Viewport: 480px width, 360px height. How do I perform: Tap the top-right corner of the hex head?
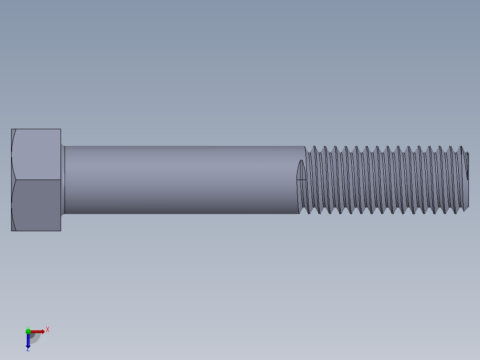coord(61,129)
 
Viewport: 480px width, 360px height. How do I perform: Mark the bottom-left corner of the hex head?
coord(12,230)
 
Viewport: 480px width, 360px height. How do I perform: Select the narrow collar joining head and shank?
coord(63,180)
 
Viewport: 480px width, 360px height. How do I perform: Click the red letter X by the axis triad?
coord(48,329)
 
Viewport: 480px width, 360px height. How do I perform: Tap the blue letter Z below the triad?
coord(28,350)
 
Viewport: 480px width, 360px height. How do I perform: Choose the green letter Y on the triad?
coord(28,327)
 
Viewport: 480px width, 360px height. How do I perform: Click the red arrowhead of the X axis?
coord(43,331)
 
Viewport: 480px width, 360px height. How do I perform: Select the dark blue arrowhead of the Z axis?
coord(28,346)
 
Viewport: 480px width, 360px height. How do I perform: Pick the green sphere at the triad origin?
coord(28,331)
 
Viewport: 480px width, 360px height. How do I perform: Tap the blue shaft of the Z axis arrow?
coord(28,339)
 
